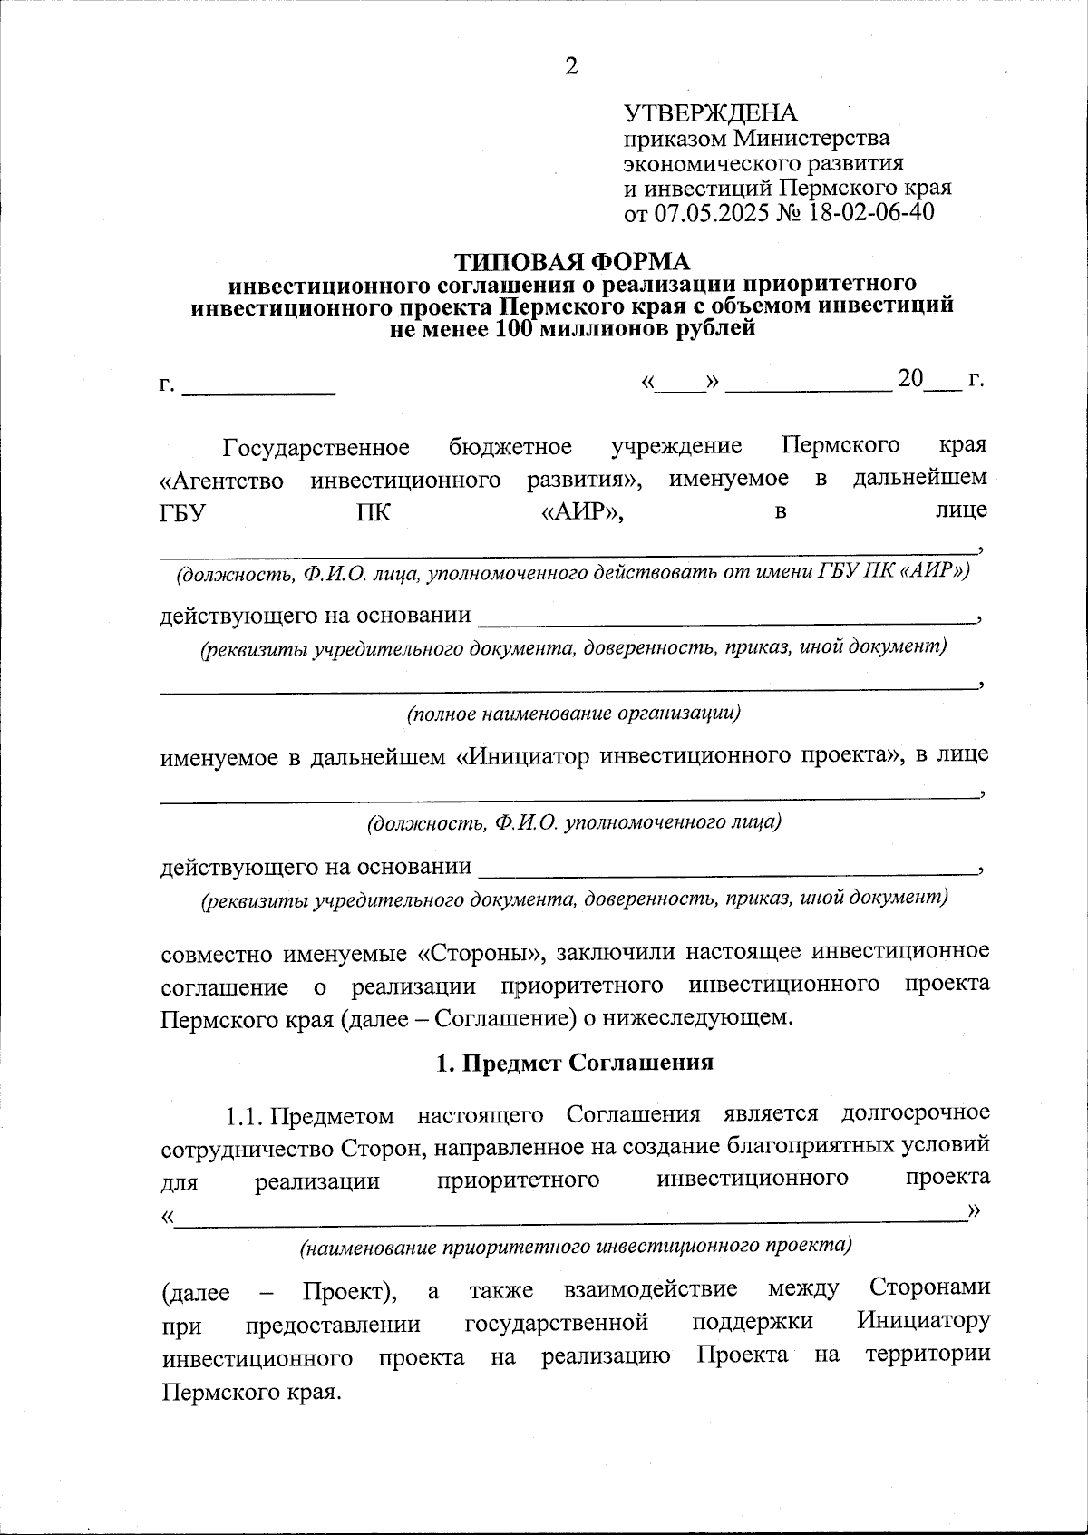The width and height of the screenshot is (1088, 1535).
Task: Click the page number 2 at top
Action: pos(571,65)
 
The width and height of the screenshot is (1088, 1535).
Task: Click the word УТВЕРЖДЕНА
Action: pos(710,113)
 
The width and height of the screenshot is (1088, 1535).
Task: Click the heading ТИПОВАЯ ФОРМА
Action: pos(571,262)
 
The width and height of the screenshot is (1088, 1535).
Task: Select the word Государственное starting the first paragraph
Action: pos(316,448)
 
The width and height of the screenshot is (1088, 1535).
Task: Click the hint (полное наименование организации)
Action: pos(573,714)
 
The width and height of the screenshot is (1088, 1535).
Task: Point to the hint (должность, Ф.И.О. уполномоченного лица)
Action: pos(573,823)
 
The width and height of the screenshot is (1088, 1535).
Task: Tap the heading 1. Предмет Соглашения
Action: pos(575,1063)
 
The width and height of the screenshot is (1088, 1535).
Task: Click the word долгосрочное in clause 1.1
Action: pos(915,1113)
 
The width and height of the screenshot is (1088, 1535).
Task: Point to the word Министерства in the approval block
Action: pos(811,139)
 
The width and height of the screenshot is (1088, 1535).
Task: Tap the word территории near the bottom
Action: pos(927,1355)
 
